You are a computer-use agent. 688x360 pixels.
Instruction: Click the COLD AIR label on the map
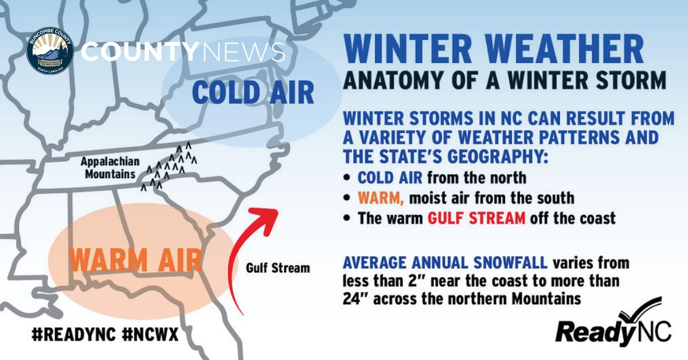tap(253, 92)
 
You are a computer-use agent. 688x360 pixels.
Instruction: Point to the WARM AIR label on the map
tap(135, 260)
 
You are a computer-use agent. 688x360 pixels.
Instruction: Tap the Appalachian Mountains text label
tap(108, 167)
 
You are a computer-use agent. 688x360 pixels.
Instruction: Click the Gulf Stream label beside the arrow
tap(277, 268)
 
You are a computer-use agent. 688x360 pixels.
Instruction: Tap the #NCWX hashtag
tap(150, 334)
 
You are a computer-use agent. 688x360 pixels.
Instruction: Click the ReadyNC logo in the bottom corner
tap(613, 326)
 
